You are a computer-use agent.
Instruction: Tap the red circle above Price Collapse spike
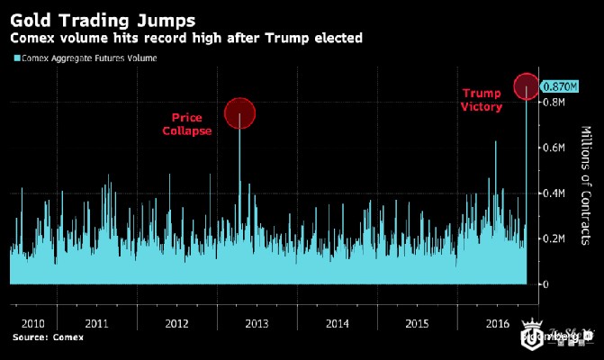click(240, 113)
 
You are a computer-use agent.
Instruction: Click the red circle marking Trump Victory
click(527, 86)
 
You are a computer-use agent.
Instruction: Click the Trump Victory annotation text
click(480, 100)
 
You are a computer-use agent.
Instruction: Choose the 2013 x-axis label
click(257, 321)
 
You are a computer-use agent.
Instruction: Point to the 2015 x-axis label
click(417, 321)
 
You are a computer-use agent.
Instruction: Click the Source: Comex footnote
click(48, 338)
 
